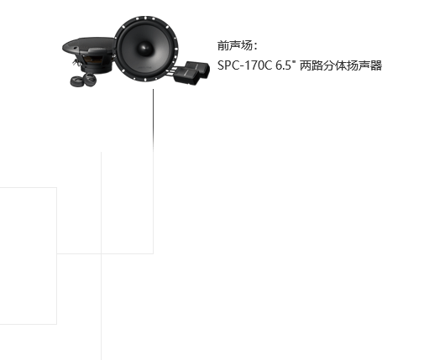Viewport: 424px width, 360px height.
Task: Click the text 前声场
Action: pyautogui.click(x=234, y=45)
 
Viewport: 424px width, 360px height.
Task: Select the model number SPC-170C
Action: pyautogui.click(x=245, y=65)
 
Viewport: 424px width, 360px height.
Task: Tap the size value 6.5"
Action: pyautogui.click(x=285, y=65)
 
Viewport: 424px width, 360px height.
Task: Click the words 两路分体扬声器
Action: pyautogui.click(x=341, y=65)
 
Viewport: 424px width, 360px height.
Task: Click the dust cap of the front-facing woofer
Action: pyautogui.click(x=145, y=48)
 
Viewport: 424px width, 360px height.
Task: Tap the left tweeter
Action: pyautogui.click(x=76, y=81)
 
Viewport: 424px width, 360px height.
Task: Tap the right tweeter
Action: pyautogui.click(x=90, y=79)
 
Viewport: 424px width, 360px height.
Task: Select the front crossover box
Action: pyautogui.click(x=186, y=75)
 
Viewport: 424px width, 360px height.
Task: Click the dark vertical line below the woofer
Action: pyautogui.click(x=153, y=120)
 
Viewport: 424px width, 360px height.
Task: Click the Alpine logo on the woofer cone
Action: pyautogui.click(x=147, y=67)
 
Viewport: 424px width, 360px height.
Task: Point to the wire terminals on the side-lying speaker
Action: pyautogui.click(x=76, y=61)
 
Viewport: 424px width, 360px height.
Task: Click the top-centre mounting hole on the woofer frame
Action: pyautogui.click(x=145, y=18)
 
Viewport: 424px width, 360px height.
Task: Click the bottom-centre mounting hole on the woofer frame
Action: pyautogui.click(x=146, y=80)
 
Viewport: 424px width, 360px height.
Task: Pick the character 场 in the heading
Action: pyautogui.click(x=246, y=45)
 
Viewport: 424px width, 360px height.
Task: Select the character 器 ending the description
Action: pyautogui.click(x=376, y=65)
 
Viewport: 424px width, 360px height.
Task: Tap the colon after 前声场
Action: pyautogui.click(x=255, y=46)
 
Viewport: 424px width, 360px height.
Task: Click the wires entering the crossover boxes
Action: pyautogui.click(x=171, y=71)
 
